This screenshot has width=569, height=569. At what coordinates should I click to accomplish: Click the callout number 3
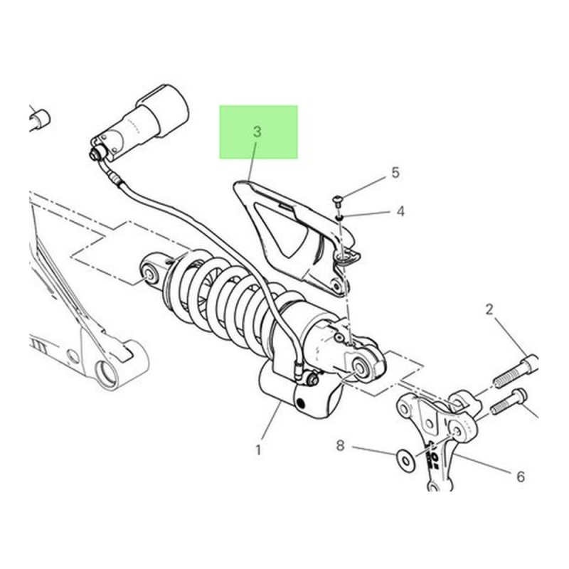coord(257,132)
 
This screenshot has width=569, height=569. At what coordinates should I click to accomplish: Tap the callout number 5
coord(395,173)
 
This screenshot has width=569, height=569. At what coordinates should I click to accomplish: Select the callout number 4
coord(400,211)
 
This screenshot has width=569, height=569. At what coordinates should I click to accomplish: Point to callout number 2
coord(489,309)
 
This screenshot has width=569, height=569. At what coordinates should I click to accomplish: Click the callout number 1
coord(258,450)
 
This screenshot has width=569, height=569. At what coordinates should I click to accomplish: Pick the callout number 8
coord(340,445)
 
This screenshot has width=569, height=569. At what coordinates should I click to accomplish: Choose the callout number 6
coord(521,477)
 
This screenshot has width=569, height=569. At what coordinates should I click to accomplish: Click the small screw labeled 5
coord(337,200)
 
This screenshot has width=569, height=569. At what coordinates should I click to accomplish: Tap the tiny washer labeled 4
coord(340,218)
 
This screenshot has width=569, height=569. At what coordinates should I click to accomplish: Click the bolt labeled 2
coord(515,371)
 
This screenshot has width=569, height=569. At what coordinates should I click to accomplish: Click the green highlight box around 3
coord(258,132)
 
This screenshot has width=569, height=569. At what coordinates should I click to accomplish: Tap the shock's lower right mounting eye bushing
coord(361,368)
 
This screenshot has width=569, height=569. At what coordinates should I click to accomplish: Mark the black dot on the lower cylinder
coord(300,403)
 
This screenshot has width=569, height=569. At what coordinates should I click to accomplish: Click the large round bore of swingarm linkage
coord(107,374)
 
